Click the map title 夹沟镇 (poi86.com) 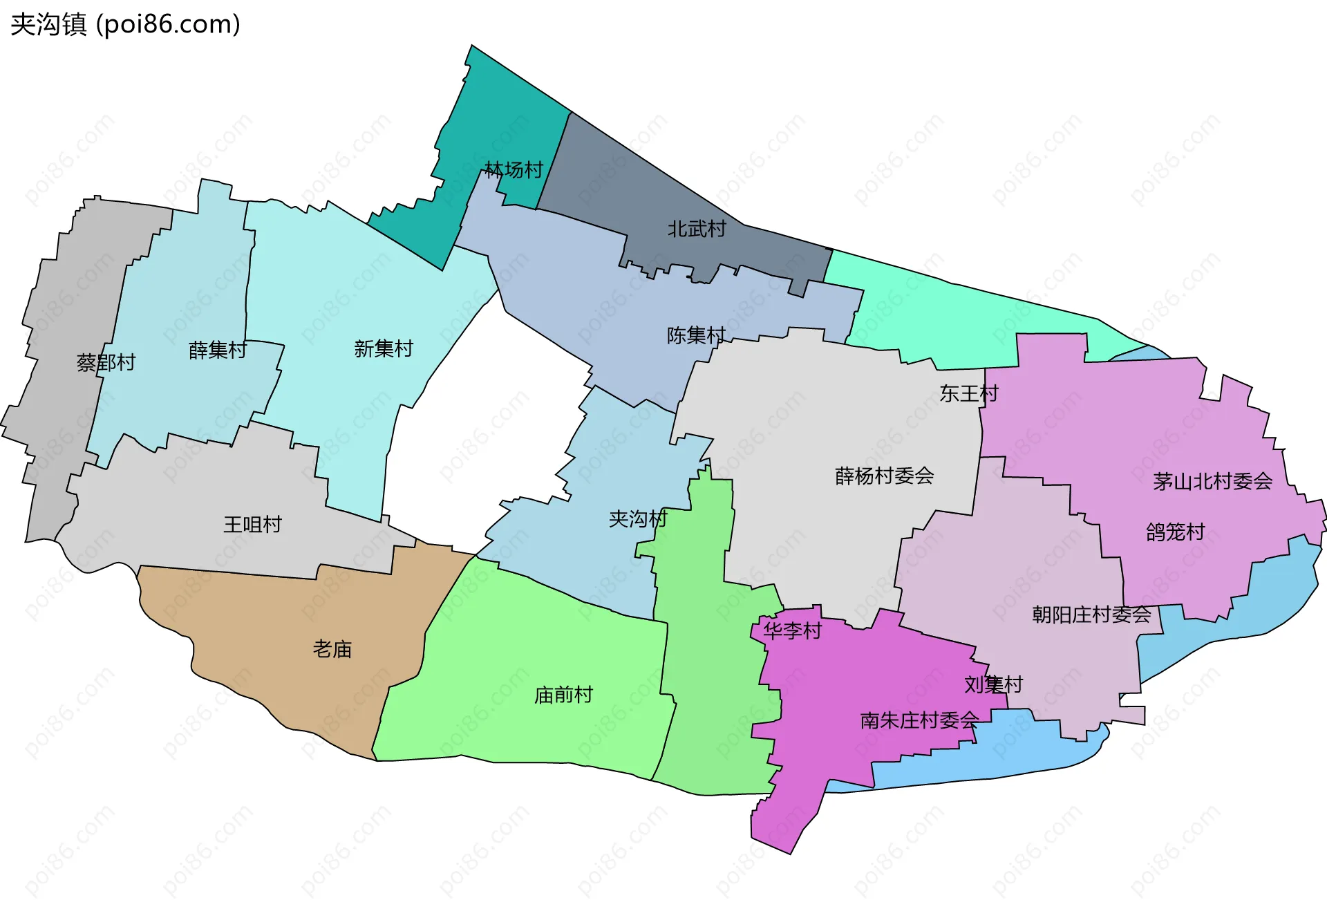pyautogui.click(x=125, y=24)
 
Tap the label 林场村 pyautogui.click(x=513, y=169)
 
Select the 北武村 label pyautogui.click(x=696, y=229)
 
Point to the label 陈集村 pyautogui.click(x=695, y=335)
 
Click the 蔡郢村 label pyautogui.click(x=106, y=362)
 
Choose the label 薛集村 pyautogui.click(x=217, y=350)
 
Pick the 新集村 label pyautogui.click(x=383, y=348)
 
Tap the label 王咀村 pyautogui.click(x=252, y=524)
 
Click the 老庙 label pyautogui.click(x=332, y=648)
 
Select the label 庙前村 pyautogui.click(x=563, y=694)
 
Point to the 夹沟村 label pyautogui.click(x=637, y=518)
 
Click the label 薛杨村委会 pyautogui.click(x=884, y=476)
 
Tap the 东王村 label pyautogui.click(x=968, y=393)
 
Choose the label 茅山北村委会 pyautogui.click(x=1212, y=481)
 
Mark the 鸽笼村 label pyautogui.click(x=1175, y=532)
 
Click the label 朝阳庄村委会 pyautogui.click(x=1091, y=614)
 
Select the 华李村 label pyautogui.click(x=792, y=630)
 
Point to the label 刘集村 pyautogui.click(x=993, y=684)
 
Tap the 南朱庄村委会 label pyautogui.click(x=919, y=720)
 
